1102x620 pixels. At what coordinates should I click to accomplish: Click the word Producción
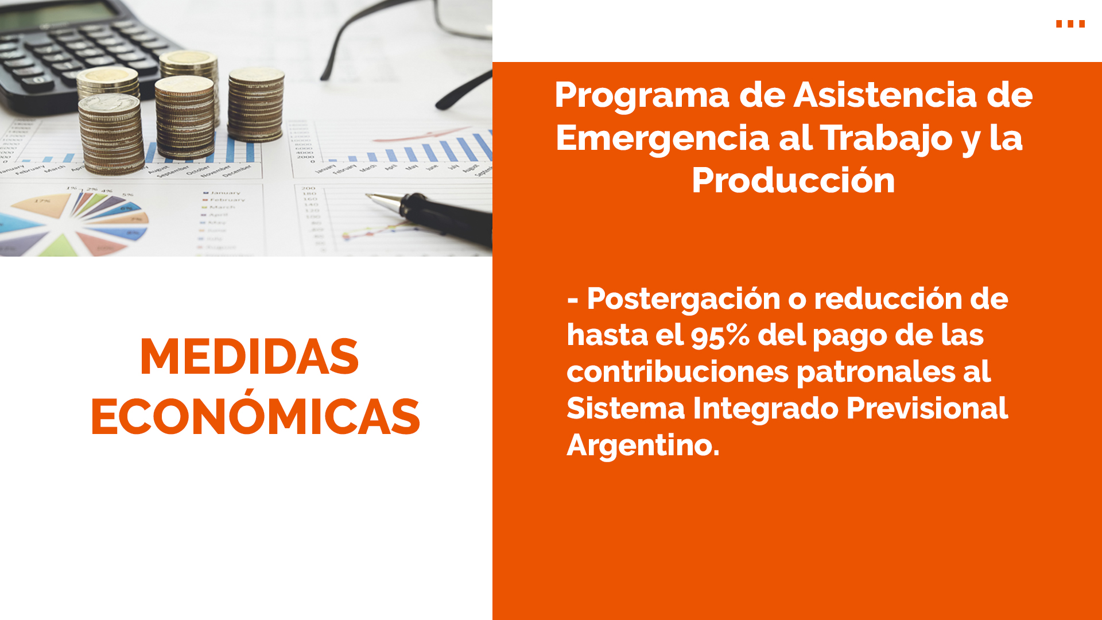[793, 180]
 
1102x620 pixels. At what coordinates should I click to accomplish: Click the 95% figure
[720, 335]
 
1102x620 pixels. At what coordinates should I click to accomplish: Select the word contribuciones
[677, 372]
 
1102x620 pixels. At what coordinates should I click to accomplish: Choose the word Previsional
[927, 408]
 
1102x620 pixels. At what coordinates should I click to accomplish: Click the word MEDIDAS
[249, 357]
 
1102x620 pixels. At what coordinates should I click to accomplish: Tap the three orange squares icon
[1070, 24]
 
